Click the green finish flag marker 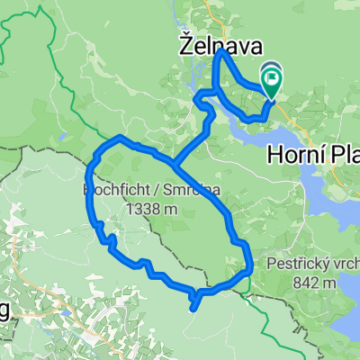pos(272,79)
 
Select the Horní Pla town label pos(312,155)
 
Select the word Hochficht pos(106,191)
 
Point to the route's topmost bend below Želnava pos(221,55)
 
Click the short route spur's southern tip pos(192,309)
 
